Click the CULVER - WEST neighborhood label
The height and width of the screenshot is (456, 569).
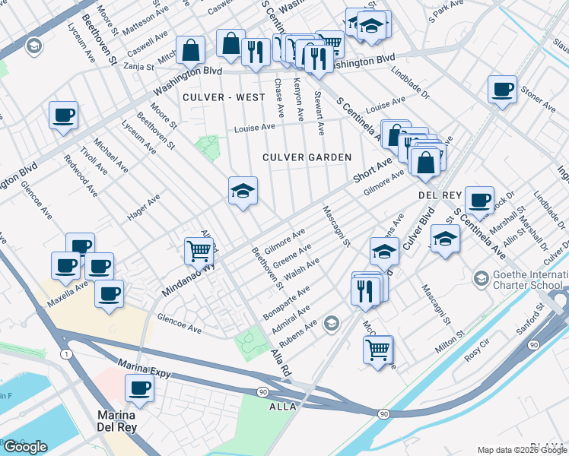(224, 97)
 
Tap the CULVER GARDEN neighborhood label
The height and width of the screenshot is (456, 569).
(307, 157)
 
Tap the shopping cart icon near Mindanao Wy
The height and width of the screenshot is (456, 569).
(199, 249)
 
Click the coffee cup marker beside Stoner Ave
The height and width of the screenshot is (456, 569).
(502, 89)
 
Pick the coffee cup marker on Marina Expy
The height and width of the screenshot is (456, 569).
(138, 388)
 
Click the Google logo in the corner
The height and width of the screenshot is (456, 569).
(25, 447)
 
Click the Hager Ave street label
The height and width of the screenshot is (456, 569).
(143, 207)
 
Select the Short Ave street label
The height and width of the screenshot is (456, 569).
(371, 170)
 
